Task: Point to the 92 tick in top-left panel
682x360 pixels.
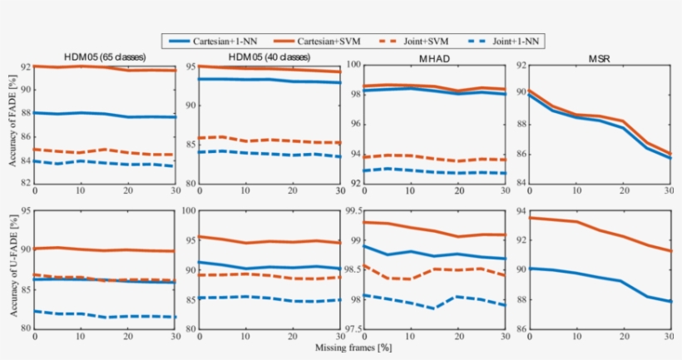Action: pyautogui.click(x=27, y=66)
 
